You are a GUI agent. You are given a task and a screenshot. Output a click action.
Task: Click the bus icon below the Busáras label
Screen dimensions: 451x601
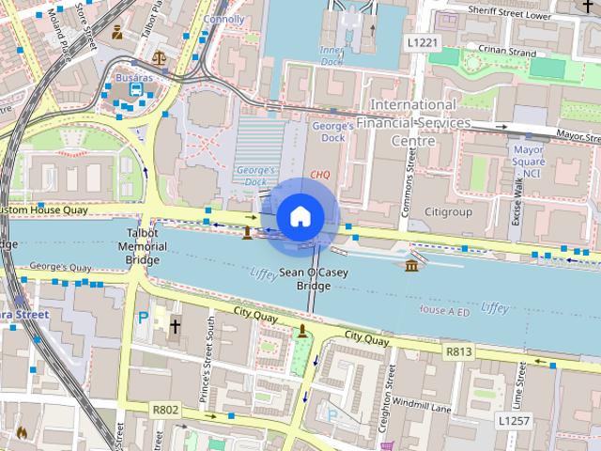tap(136, 89)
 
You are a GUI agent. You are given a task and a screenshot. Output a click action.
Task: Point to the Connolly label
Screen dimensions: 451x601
tap(223, 19)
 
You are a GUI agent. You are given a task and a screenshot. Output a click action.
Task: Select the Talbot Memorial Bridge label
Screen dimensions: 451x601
tap(142, 246)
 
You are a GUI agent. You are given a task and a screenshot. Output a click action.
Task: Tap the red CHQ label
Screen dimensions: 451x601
tap(320, 175)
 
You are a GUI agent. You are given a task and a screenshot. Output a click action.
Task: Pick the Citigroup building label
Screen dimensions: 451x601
tap(448, 212)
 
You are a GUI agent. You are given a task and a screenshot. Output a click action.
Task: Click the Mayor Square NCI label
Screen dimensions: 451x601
tap(529, 161)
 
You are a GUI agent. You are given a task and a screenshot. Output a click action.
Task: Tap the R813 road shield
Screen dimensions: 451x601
tap(459, 351)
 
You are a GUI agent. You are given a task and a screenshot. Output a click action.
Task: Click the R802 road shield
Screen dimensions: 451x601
tap(164, 410)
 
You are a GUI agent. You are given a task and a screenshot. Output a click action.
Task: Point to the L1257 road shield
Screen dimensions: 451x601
tap(513, 420)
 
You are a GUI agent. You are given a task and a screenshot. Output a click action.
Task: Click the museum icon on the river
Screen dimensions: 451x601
tap(412, 267)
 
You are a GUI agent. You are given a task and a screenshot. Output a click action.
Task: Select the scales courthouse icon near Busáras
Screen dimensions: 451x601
tap(159, 56)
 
